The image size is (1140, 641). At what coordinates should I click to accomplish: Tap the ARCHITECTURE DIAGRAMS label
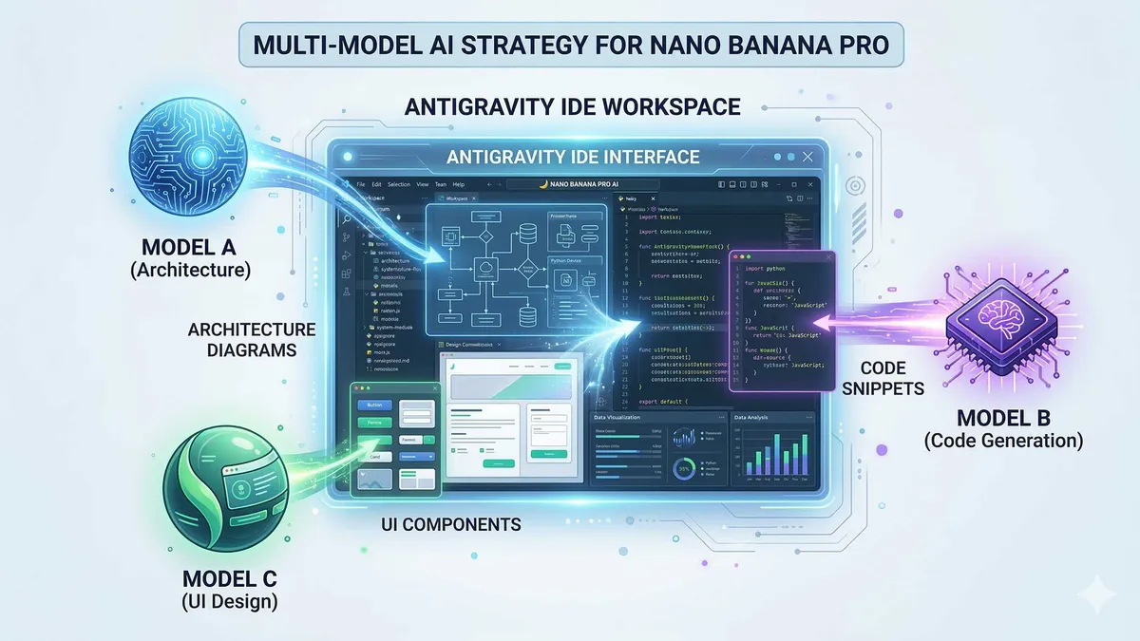pos(251,340)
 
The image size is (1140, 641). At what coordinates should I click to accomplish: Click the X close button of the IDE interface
pos(807,157)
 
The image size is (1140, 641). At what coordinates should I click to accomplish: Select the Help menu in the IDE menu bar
pos(459,184)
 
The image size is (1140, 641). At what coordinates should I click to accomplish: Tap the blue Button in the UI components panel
pos(371,405)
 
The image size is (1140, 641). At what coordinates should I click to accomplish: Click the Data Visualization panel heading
pos(617,417)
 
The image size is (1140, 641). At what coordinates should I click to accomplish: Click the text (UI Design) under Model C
pos(236,601)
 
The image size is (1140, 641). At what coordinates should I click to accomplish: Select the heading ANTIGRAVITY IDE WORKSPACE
pos(572,106)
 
